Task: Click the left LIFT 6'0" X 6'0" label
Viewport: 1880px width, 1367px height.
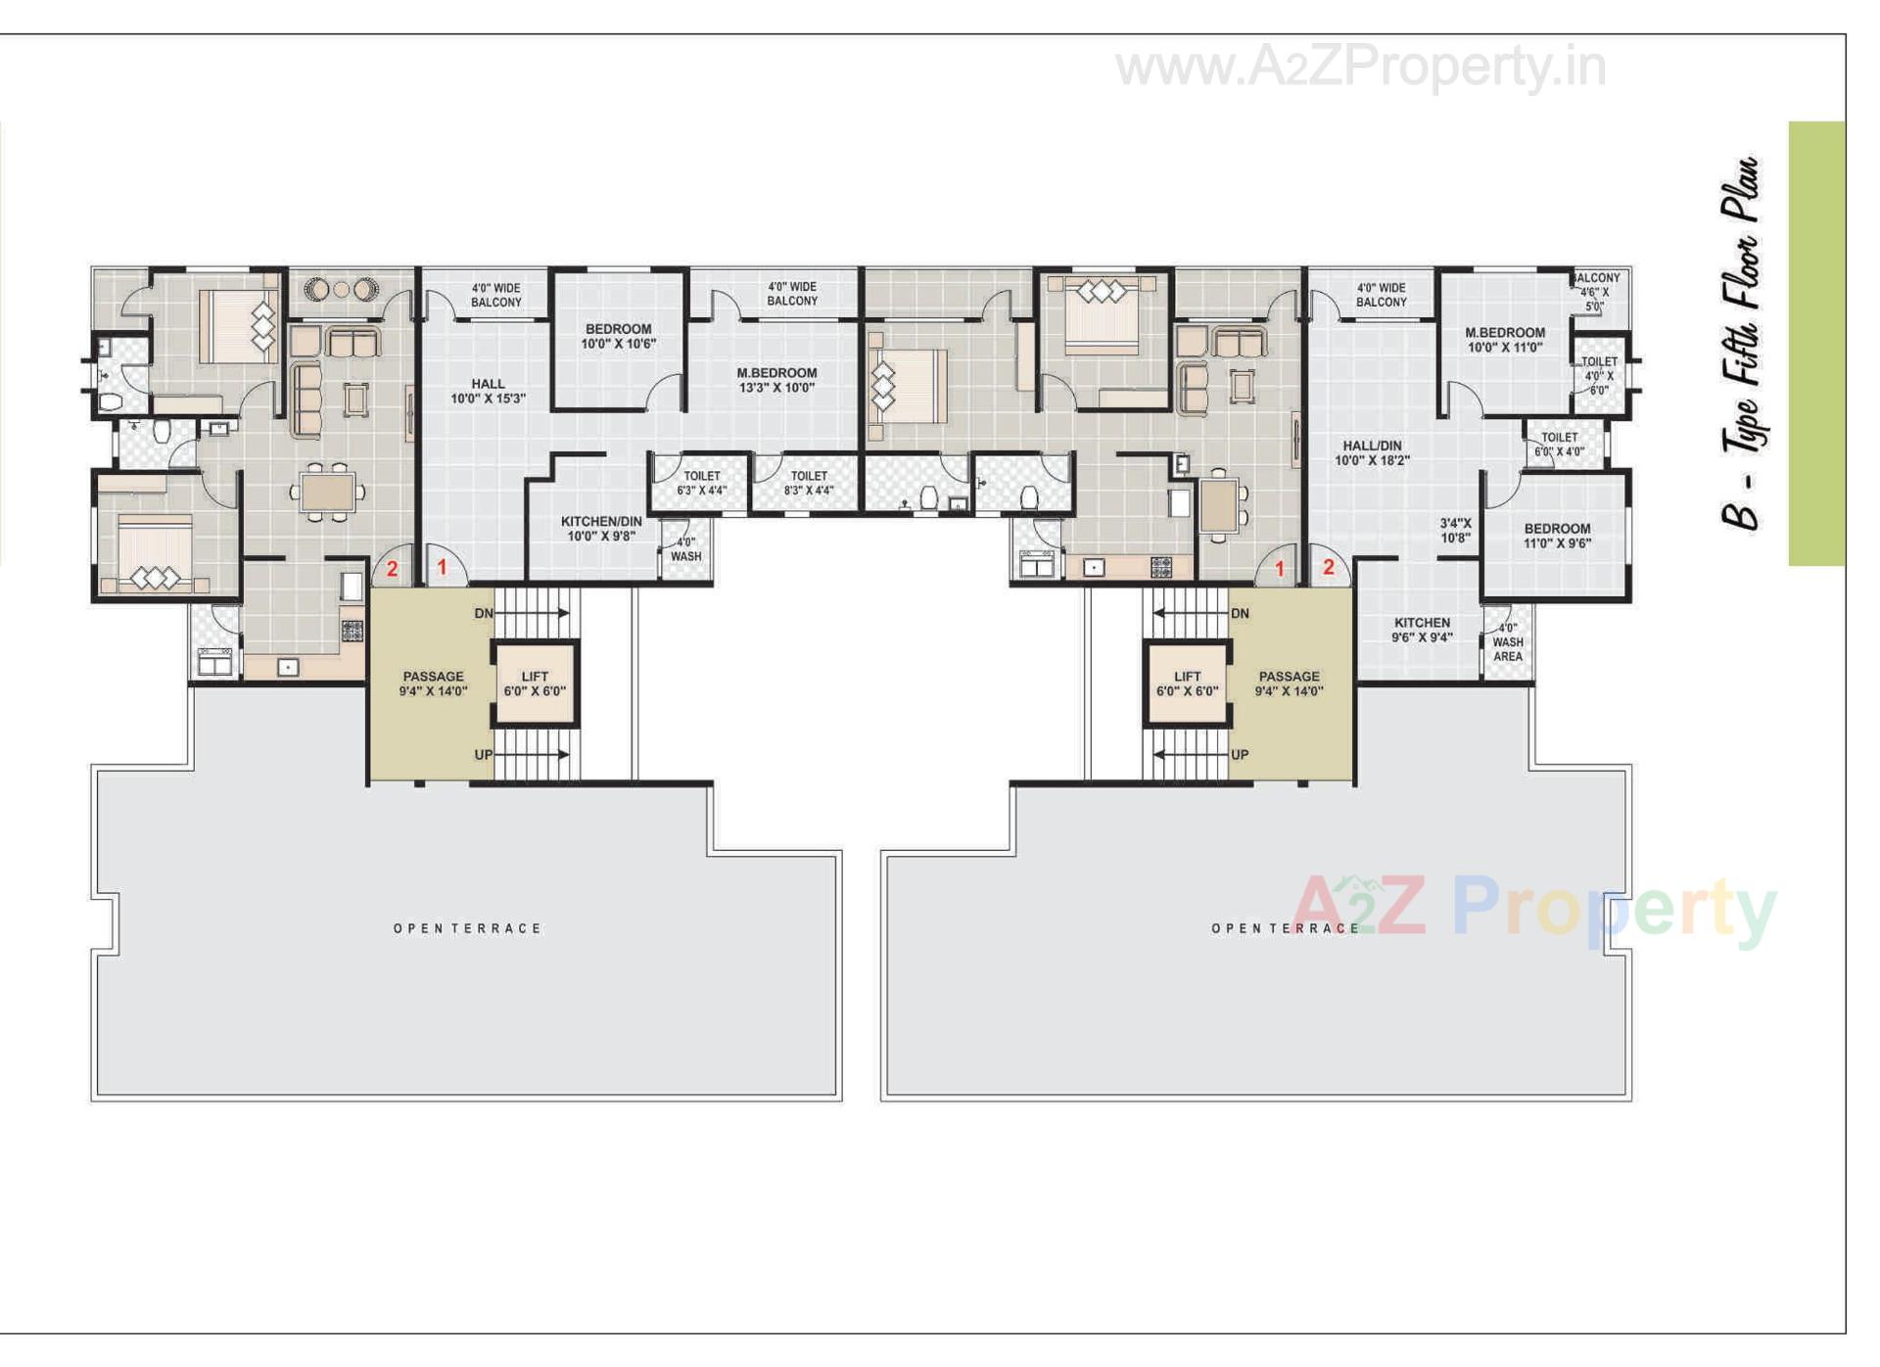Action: tap(535, 683)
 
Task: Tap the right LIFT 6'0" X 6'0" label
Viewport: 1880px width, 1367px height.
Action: tap(1187, 683)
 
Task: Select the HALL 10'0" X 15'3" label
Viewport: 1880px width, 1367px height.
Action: tap(488, 391)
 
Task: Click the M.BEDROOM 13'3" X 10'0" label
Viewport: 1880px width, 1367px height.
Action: tap(776, 380)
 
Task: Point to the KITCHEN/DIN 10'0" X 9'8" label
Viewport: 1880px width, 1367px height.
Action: tap(601, 529)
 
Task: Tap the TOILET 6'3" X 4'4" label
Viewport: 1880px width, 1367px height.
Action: tap(701, 483)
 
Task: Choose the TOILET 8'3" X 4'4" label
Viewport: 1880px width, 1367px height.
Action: tap(809, 483)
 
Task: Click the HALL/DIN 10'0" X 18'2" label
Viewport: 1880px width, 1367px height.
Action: tap(1372, 452)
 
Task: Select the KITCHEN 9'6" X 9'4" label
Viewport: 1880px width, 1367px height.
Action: tap(1422, 630)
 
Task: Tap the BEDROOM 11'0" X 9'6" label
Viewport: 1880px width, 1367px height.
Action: tap(1557, 536)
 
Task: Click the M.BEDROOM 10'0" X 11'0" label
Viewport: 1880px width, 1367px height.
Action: tap(1505, 340)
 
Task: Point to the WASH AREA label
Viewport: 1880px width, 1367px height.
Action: tap(1508, 642)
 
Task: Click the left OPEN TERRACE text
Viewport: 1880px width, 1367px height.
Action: tap(467, 928)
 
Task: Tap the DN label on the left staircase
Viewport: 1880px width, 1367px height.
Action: tap(484, 614)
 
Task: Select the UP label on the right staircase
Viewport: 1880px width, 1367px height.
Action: tap(1240, 755)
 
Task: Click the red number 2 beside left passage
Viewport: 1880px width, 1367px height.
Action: tap(392, 568)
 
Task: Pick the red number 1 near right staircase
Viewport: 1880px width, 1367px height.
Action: tap(1279, 568)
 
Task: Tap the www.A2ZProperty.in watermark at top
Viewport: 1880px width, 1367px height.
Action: tap(1360, 67)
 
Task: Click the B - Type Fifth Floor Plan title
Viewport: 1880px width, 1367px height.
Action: tap(1741, 343)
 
